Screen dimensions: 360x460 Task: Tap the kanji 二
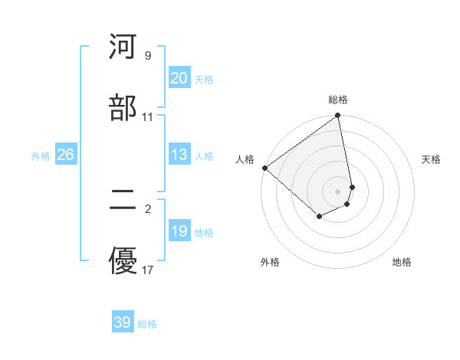[123, 200]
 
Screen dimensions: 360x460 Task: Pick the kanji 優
[123, 260]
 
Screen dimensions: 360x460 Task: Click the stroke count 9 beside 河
[147, 56]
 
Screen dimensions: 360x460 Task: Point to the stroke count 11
[147, 117]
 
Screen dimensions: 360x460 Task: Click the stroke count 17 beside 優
[147, 270]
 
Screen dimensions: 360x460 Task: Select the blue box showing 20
[179, 78]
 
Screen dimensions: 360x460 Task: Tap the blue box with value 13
[179, 155]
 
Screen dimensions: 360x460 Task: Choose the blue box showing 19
[179, 231]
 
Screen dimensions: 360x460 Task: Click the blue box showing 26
[65, 155]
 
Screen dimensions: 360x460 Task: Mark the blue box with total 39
[123, 322]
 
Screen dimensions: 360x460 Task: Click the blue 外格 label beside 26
[41, 156]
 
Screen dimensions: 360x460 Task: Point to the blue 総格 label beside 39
[147, 324]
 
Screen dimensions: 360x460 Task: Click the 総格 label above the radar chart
[338, 100]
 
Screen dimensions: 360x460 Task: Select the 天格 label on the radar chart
[431, 159]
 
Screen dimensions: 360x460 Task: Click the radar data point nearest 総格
[338, 116]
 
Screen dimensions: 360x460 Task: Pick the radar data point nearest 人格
[264, 168]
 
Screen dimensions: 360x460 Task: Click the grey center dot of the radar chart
[338, 191]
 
